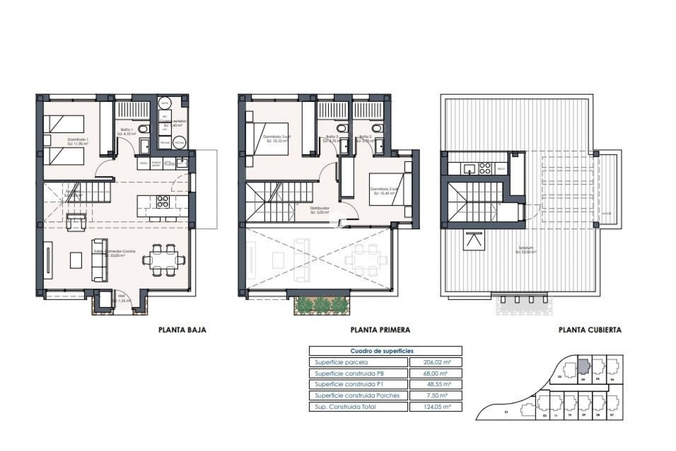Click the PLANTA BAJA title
click(x=182, y=330)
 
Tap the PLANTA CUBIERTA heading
click(x=590, y=330)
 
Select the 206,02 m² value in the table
click(x=435, y=362)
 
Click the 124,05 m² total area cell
click(x=435, y=407)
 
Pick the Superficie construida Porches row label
click(x=357, y=396)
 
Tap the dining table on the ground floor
click(x=164, y=260)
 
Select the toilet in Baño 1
click(x=143, y=129)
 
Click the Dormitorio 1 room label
click(x=78, y=140)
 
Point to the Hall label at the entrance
click(x=121, y=296)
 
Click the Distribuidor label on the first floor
click(x=320, y=209)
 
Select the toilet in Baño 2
click(x=376, y=128)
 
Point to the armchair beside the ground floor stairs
click(x=76, y=222)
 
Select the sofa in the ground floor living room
click(x=99, y=260)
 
